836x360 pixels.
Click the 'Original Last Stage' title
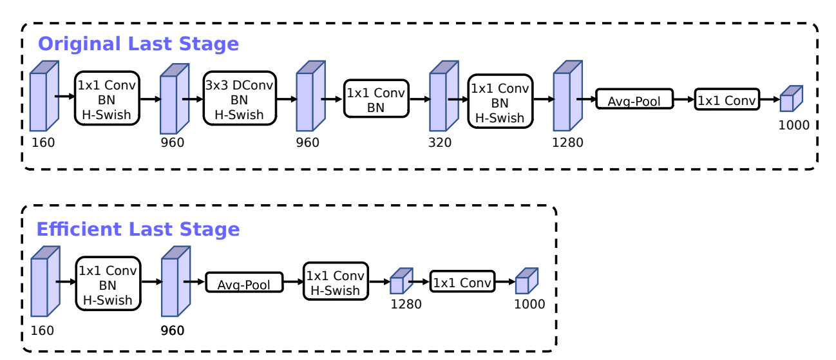pos(138,44)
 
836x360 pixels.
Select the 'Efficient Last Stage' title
pos(138,229)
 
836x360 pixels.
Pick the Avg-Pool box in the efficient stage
pos(245,283)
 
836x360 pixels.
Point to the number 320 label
pos(440,142)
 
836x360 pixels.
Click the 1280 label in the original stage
pos(567,142)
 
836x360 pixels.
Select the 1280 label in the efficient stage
pos(406,304)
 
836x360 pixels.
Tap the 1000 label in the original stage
pos(793,125)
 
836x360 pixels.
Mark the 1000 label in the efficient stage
pos(529,304)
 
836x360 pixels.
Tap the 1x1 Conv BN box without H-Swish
pos(375,100)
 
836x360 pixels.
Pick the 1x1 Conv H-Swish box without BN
pos(335,282)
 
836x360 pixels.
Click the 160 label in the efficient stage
pos(43,330)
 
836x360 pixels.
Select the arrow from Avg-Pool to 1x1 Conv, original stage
pos(684,100)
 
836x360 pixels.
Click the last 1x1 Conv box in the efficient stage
pos(462,281)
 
